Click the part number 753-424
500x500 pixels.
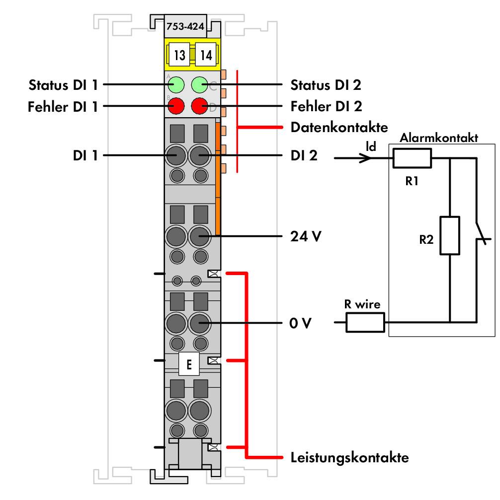pos(185,26)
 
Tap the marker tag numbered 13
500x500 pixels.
pos(179,55)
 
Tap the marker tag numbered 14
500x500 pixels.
pos(206,55)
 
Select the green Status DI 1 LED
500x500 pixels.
pos(176,85)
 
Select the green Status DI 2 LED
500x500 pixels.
pos(200,85)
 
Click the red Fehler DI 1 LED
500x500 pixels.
pos(176,106)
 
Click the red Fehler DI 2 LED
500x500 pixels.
pos(200,106)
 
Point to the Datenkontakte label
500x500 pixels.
pos(339,127)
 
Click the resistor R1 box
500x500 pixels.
pos(412,158)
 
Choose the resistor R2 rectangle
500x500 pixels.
pos(450,235)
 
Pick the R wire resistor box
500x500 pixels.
pos(365,322)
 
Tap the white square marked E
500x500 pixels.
pos(189,364)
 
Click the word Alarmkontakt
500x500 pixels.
pos(439,138)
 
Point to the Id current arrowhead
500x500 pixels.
pos(366,158)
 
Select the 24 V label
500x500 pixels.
pos(306,236)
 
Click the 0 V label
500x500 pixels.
pos(300,323)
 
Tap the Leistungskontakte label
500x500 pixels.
pos(349,457)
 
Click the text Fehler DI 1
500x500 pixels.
pos(63,107)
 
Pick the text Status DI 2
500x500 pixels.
pos(326,85)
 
